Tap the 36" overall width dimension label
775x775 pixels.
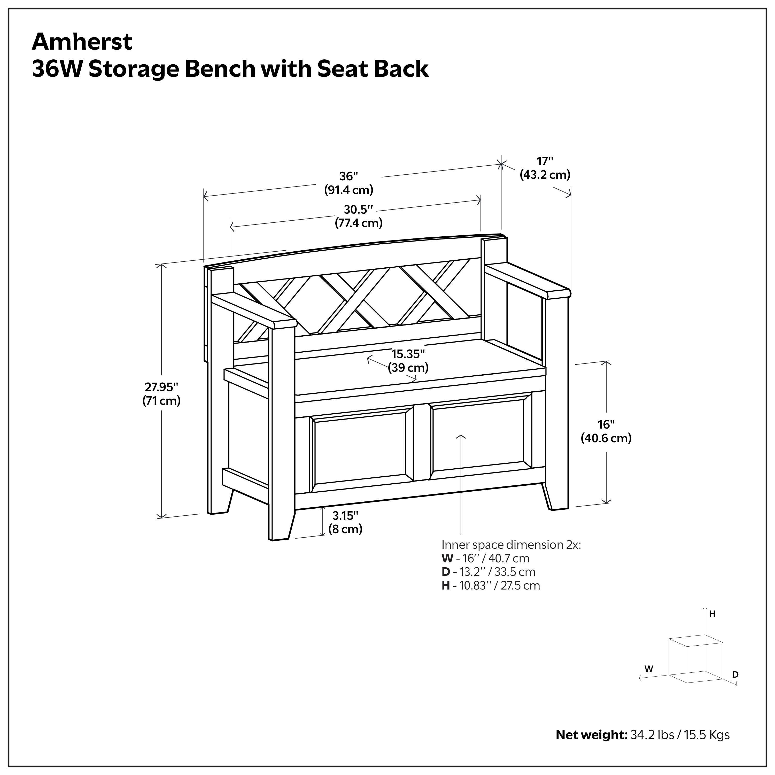coord(348,183)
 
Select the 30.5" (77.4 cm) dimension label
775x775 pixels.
coord(359,216)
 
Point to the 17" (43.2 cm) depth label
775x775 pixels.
coord(545,168)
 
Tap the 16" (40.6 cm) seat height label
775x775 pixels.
coord(606,431)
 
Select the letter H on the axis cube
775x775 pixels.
coord(712,614)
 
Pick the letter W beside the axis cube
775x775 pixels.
coord(649,669)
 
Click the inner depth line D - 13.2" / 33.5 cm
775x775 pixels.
coord(488,572)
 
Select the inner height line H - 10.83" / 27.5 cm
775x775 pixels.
coord(491,585)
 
